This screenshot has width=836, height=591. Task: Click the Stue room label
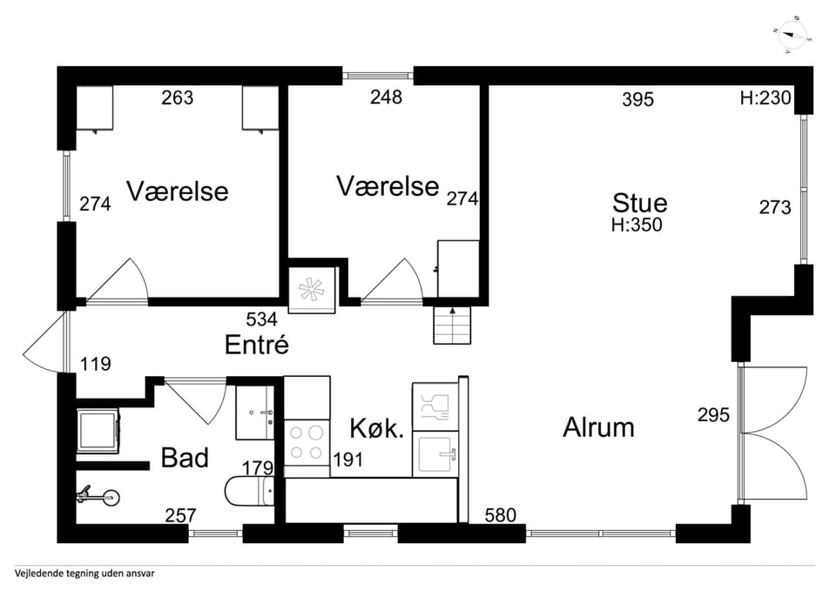639,203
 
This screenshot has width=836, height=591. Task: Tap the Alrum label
599,427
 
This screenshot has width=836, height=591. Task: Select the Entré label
256,345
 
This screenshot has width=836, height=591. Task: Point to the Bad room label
185,458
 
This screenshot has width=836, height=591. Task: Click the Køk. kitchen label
376,428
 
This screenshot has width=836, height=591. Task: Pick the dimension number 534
262,319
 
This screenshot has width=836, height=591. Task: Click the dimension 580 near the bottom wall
501,514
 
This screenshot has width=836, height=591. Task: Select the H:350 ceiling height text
637,225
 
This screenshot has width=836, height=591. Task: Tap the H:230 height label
765,98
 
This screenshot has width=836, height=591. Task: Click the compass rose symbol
792,35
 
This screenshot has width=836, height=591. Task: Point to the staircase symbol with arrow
452,325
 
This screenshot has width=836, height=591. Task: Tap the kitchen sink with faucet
435,454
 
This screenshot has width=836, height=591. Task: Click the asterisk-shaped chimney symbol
312,289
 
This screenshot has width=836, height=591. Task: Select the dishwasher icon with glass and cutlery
435,407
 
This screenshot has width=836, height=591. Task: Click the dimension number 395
637,99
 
